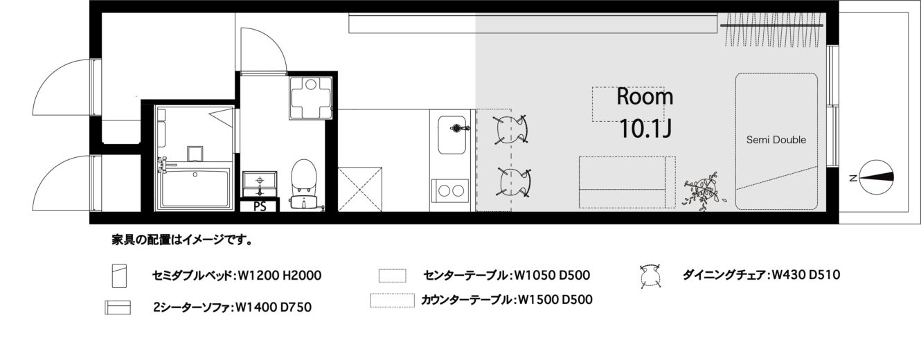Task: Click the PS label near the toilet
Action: pos(260,206)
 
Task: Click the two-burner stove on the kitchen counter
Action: pos(450,190)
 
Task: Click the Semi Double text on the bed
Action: pos(776,140)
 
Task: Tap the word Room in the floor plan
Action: pos(645,97)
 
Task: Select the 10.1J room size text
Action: pos(645,128)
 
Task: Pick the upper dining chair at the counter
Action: pos(511,129)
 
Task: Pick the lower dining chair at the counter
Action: pos(514,182)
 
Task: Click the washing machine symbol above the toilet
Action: pos(310,98)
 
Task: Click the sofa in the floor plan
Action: pos(627,182)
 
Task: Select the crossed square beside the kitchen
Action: pos(360,190)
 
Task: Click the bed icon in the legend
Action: pos(120,276)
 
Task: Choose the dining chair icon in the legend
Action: pos(650,275)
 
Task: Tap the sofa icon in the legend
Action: pos(118,307)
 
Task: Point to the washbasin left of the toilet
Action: pos(260,185)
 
